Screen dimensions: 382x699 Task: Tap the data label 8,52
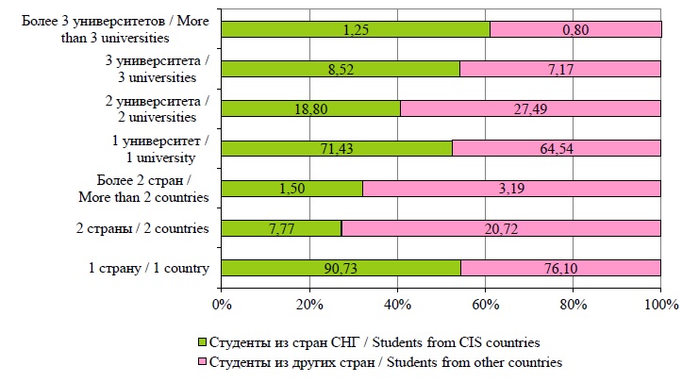341,69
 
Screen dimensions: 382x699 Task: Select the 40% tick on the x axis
397,304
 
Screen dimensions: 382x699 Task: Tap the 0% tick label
222,304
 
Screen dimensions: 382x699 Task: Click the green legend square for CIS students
200,340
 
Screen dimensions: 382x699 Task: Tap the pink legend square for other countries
200,361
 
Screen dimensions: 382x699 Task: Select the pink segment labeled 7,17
559,69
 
